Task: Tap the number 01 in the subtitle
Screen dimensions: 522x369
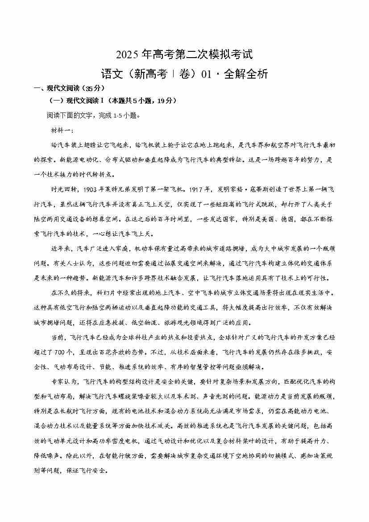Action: pyautogui.click(x=207, y=74)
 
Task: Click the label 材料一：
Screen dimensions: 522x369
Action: pyautogui.click(x=65, y=130)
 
